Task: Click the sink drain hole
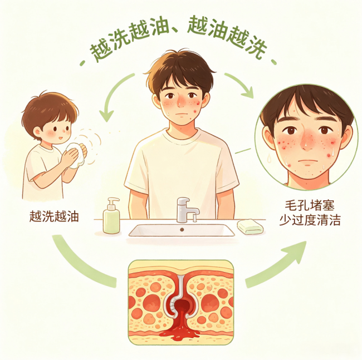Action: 182,229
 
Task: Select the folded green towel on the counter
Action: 251,226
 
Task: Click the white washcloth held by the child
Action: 77,155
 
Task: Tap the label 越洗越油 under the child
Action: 54,217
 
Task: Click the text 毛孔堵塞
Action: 310,205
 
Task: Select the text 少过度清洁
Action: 310,220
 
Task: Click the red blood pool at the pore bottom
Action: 180,331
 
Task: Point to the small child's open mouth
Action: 60,138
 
